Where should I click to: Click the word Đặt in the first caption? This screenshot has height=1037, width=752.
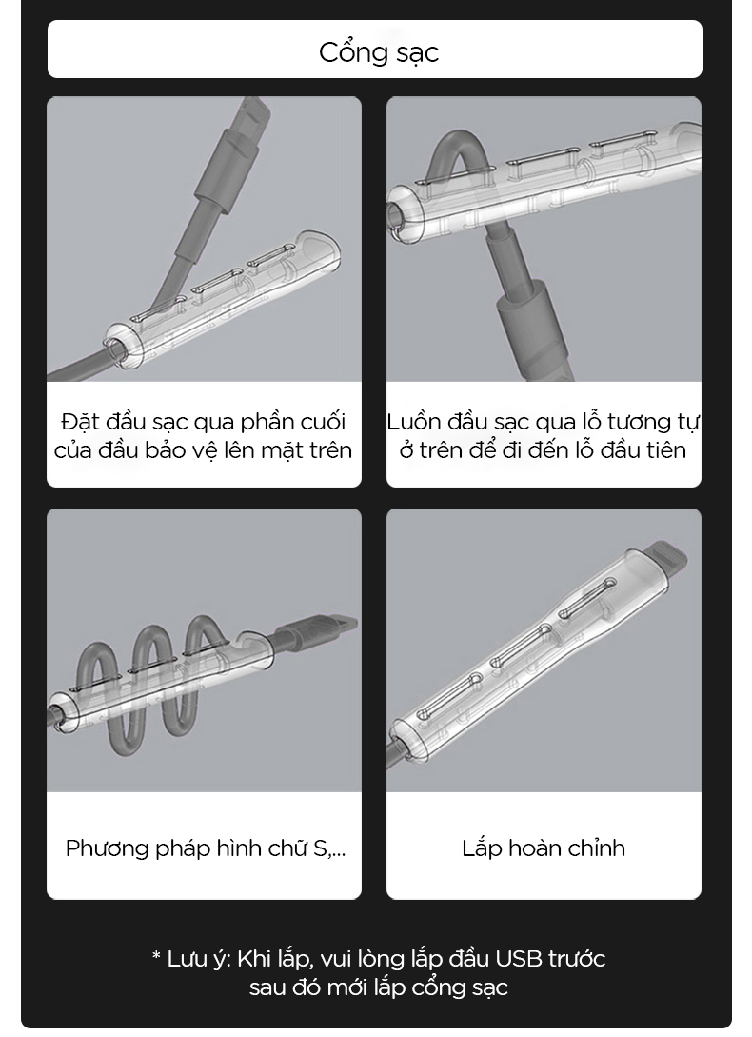[77, 421]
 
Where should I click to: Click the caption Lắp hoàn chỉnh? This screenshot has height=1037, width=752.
[544, 848]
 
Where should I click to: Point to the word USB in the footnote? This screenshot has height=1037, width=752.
[518, 958]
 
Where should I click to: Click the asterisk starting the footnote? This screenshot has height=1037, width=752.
[156, 956]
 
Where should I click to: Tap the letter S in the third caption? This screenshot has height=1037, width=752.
[320, 848]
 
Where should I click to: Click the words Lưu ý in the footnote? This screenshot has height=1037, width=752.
[199, 959]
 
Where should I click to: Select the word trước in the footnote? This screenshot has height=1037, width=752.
[576, 958]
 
